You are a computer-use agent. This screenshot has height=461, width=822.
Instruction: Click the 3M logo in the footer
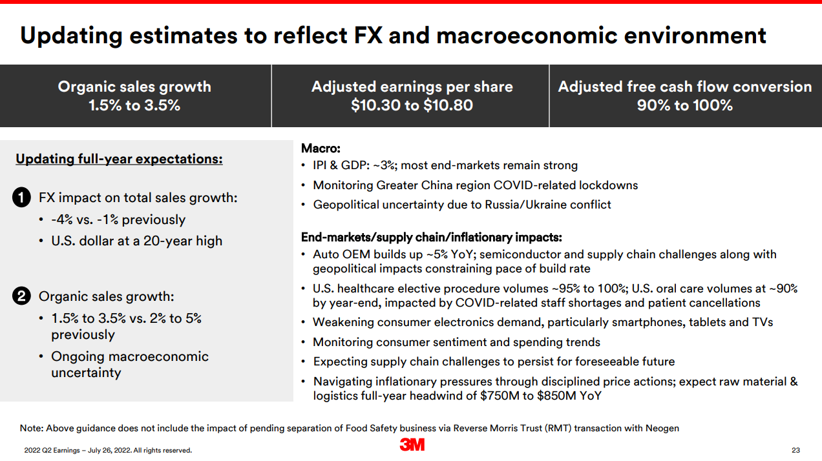[412, 444]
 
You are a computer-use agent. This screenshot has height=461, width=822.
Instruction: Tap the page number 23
[796, 450]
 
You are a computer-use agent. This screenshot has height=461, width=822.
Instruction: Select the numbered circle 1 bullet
[21, 198]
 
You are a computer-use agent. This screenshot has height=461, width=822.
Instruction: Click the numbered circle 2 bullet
[21, 297]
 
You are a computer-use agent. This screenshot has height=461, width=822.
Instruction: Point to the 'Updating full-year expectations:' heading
[119, 159]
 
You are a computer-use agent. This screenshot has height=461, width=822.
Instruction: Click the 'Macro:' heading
[321, 149]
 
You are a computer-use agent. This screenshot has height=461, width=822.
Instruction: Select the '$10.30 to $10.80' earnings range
[412, 105]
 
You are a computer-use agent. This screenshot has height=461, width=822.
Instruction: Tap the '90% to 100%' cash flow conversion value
[684, 105]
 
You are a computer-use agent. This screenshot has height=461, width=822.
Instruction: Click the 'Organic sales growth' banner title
[134, 87]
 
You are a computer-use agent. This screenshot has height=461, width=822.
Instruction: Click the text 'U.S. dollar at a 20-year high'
[136, 241]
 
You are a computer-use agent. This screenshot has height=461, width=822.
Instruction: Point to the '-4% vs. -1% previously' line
[118, 220]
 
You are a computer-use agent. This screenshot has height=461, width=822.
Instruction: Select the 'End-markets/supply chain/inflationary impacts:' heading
[431, 237]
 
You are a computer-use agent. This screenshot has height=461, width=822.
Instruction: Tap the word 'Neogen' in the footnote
[662, 428]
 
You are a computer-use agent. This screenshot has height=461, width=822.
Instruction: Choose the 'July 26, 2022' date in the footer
[98, 450]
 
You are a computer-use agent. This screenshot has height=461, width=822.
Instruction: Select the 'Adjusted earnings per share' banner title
[412, 87]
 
